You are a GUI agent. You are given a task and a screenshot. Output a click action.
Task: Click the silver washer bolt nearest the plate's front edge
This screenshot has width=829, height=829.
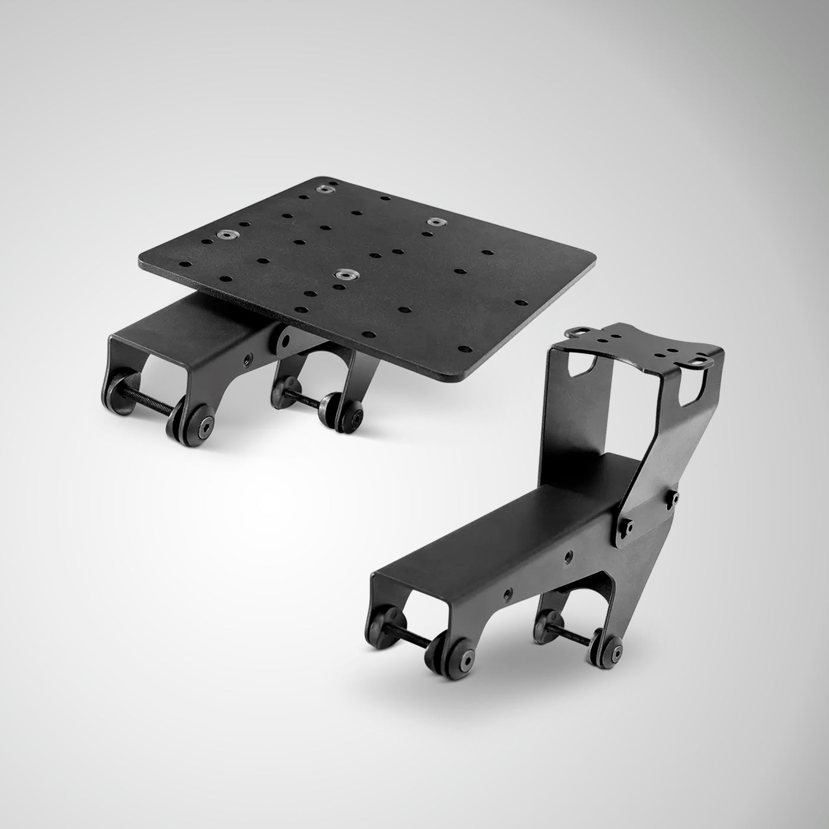342,274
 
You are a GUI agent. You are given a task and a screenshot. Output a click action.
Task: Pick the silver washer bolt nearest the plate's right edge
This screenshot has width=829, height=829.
436,221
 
